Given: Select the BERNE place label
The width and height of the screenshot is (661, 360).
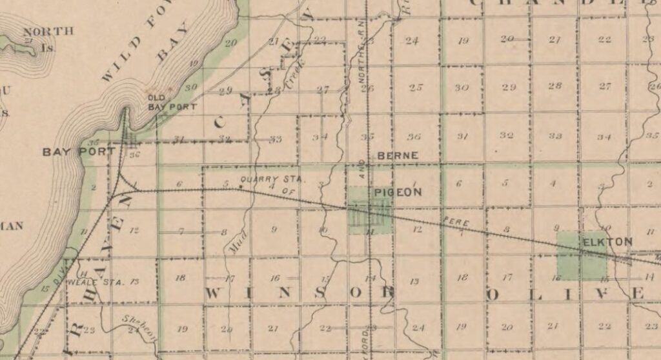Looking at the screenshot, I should pyautogui.click(x=398, y=156).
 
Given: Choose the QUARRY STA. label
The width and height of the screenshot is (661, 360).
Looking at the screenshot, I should pyautogui.click(x=263, y=179).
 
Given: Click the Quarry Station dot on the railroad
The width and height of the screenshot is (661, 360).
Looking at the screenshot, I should pyautogui.click(x=241, y=188).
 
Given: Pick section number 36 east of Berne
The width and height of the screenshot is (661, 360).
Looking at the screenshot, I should pyautogui.click(x=414, y=136).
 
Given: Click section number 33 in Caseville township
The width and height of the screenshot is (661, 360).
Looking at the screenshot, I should pyautogui.click(x=275, y=139).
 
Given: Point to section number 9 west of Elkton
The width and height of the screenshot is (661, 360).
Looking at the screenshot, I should pyautogui.click(x=556, y=228).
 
